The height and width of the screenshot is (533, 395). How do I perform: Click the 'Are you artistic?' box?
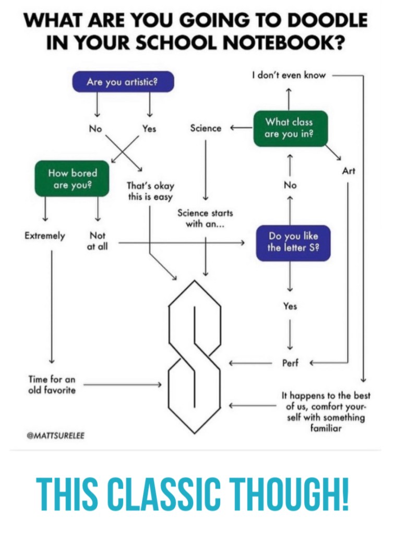click(123, 82)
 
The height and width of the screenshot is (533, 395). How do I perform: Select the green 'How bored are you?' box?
click(73, 179)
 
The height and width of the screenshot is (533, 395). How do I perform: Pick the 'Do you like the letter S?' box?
click(293, 242)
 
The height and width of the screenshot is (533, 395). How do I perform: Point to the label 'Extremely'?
click(45, 236)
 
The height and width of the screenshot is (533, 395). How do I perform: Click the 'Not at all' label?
click(98, 241)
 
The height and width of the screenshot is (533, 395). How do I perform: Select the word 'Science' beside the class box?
click(206, 128)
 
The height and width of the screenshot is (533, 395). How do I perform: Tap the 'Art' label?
click(349, 171)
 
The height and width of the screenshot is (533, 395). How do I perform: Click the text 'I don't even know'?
click(289, 75)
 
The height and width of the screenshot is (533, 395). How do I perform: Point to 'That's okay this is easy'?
click(150, 191)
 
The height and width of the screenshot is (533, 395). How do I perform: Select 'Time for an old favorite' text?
click(52, 385)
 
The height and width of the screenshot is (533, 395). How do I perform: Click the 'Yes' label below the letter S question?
click(290, 306)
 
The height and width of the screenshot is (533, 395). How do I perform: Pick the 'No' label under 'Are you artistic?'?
click(95, 128)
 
